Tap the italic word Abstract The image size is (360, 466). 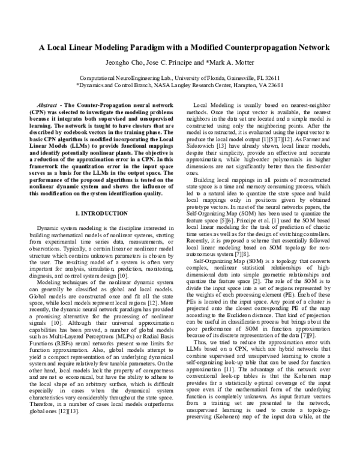point(47,104)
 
